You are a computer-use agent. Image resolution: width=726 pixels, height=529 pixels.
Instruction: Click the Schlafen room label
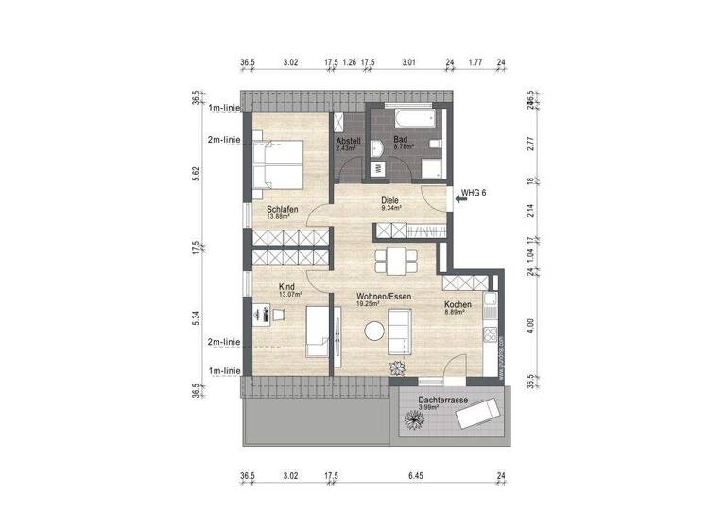click(x=283, y=209)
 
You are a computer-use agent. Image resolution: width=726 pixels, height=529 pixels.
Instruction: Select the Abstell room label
click(x=348, y=142)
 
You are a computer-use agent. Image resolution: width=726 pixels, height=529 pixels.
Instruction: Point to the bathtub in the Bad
click(x=411, y=120)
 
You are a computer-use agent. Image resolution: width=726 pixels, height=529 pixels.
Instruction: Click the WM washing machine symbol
click(x=378, y=168)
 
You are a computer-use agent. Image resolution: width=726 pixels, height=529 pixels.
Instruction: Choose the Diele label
click(x=389, y=200)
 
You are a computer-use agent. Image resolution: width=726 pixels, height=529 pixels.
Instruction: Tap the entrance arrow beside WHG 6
click(x=458, y=196)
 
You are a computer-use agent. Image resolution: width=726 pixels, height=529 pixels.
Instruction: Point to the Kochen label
click(x=458, y=304)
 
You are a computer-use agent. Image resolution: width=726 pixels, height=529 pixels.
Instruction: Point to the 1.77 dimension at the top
click(x=475, y=63)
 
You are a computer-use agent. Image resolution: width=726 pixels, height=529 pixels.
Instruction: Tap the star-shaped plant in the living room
click(x=393, y=368)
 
